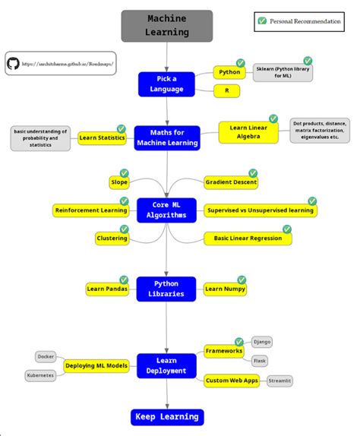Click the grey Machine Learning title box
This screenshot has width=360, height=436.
pyautogui.click(x=167, y=26)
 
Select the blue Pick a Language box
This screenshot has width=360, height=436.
pyautogui.click(x=166, y=84)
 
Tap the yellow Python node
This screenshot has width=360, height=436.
pyautogui.click(x=229, y=73)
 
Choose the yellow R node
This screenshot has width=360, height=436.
pyautogui.click(x=226, y=90)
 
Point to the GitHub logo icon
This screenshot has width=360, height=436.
pyautogui.click(x=14, y=64)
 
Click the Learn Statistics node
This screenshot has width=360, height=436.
pyautogui.click(x=102, y=137)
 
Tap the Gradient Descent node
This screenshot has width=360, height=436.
pyautogui.click(x=231, y=182)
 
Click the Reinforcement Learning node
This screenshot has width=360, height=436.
pyautogui.click(x=90, y=210)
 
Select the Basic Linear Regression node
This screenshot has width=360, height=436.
pyautogui.click(x=248, y=238)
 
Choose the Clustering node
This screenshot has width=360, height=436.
pyautogui.click(x=112, y=238)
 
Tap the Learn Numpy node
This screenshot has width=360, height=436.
pyautogui.click(x=224, y=289)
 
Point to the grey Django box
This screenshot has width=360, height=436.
pyautogui.click(x=261, y=342)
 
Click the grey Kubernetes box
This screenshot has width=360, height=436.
pyautogui.click(x=39, y=375)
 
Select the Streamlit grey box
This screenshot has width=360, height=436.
pyautogui.click(x=279, y=380)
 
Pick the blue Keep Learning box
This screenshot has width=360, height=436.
pyautogui.click(x=167, y=416)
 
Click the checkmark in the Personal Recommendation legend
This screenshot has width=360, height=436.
pyautogui.click(x=263, y=21)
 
